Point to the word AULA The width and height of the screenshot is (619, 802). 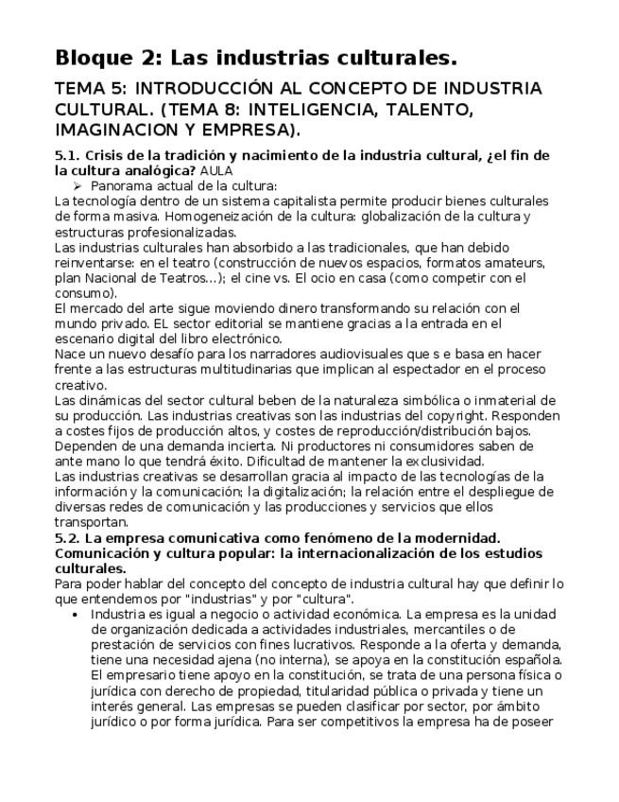click(215, 171)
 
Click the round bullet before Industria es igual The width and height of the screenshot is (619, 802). click(75, 614)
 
